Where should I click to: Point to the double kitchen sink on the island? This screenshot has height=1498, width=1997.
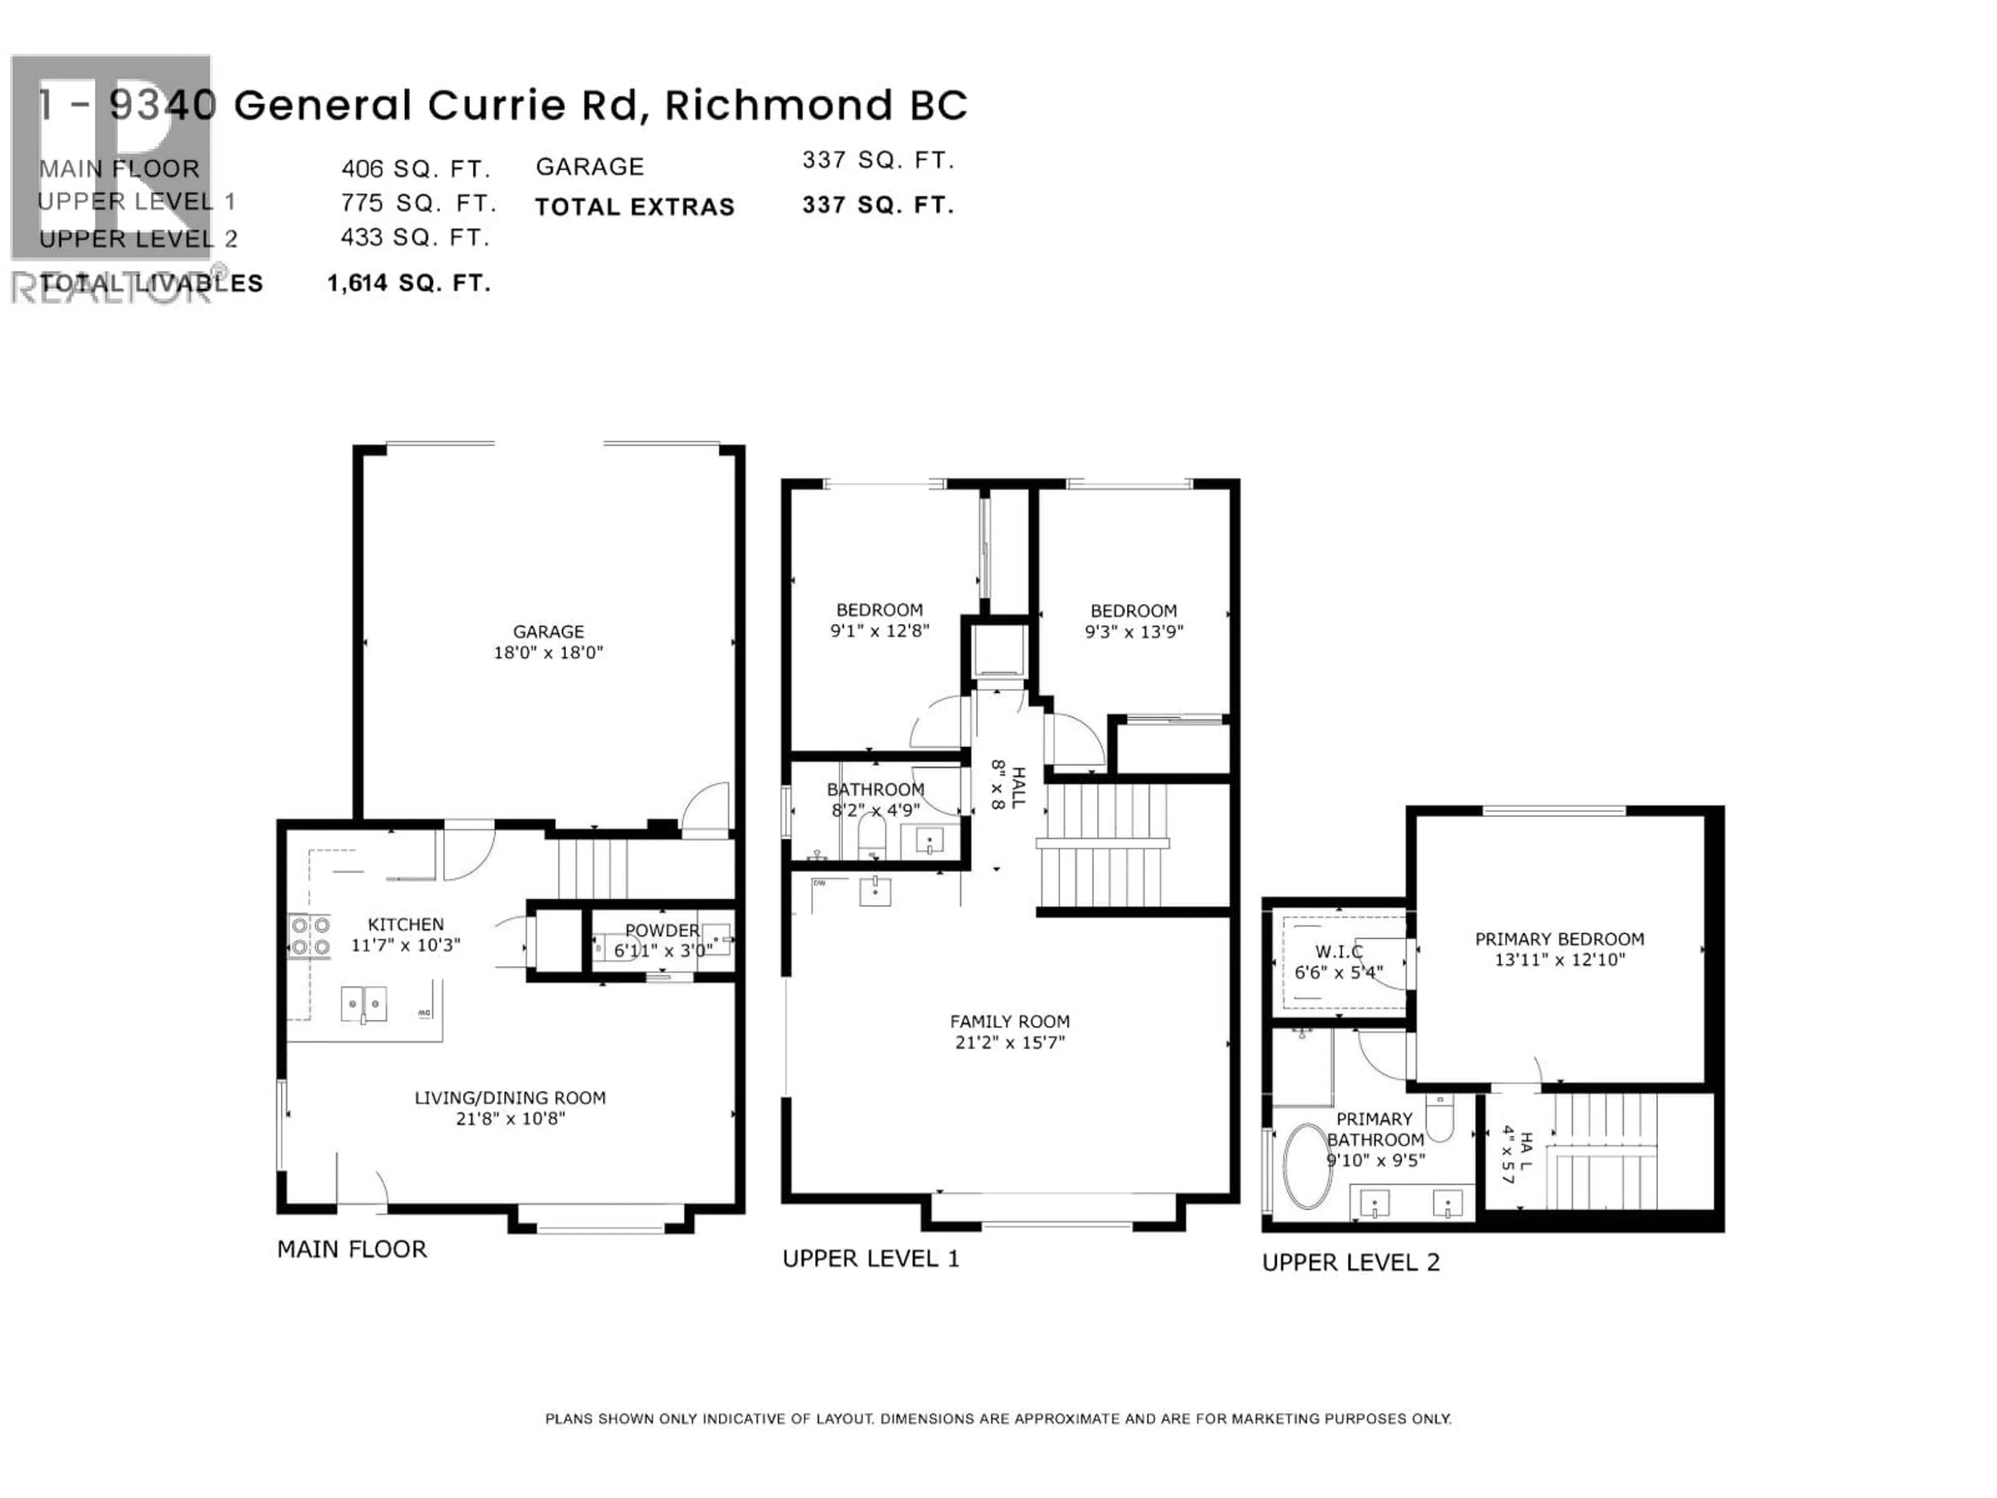click(364, 1004)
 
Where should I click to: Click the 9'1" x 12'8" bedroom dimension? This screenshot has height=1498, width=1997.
click(879, 631)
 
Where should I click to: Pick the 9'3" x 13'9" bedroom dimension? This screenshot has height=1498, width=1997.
click(1133, 632)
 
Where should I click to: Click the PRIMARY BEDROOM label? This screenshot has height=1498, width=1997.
click(1559, 939)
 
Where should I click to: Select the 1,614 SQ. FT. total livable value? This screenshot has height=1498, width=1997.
click(408, 283)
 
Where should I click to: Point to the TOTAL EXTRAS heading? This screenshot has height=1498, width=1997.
click(634, 208)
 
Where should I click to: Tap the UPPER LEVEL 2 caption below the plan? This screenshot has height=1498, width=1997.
click(1351, 1262)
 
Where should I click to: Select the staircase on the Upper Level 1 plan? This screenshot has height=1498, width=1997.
click(1103, 846)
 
